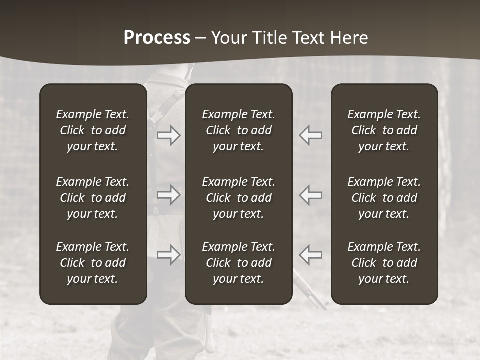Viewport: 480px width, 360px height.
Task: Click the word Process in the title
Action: click(x=157, y=38)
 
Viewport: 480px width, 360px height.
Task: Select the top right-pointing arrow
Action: click(x=169, y=135)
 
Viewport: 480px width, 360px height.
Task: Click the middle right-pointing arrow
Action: click(x=169, y=195)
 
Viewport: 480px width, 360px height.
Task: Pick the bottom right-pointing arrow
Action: click(x=169, y=255)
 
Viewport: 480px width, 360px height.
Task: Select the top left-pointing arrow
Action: click(x=310, y=135)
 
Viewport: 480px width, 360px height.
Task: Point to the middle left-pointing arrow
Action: click(x=310, y=195)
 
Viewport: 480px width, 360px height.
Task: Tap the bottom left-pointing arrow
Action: click(x=310, y=255)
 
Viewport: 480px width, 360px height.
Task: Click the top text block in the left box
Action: click(x=93, y=130)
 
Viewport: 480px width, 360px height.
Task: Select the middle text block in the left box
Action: click(x=93, y=198)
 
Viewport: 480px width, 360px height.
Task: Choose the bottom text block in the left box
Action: click(x=93, y=263)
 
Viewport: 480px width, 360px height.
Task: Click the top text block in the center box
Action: click(x=238, y=130)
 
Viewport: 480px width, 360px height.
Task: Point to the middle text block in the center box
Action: click(x=238, y=198)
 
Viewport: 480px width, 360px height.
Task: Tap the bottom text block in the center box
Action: click(x=238, y=263)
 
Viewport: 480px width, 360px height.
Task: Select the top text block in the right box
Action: click(x=384, y=130)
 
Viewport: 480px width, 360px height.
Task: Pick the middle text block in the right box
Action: click(x=384, y=198)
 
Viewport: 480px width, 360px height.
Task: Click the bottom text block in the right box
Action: click(x=384, y=263)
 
